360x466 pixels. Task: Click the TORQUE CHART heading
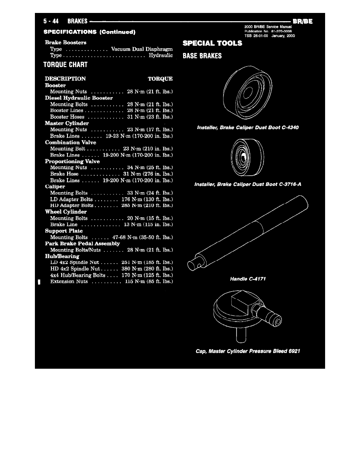pos(66,64)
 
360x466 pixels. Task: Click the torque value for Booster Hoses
pos(149,117)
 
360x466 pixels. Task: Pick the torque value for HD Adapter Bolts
pos(147,205)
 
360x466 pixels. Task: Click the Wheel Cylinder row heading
pos(66,212)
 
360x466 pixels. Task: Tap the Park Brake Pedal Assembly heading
pos(82,244)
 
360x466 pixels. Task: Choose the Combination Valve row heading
pos(71,142)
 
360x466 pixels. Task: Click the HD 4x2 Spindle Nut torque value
pos(147,269)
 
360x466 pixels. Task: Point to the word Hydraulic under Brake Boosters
pos(161,55)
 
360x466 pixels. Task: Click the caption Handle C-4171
pos(246,279)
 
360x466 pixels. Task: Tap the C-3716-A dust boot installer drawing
pos(246,156)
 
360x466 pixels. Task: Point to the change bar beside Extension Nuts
pos(38,281)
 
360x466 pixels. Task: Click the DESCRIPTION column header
pos(65,78)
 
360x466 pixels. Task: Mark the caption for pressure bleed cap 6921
pos(248,351)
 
